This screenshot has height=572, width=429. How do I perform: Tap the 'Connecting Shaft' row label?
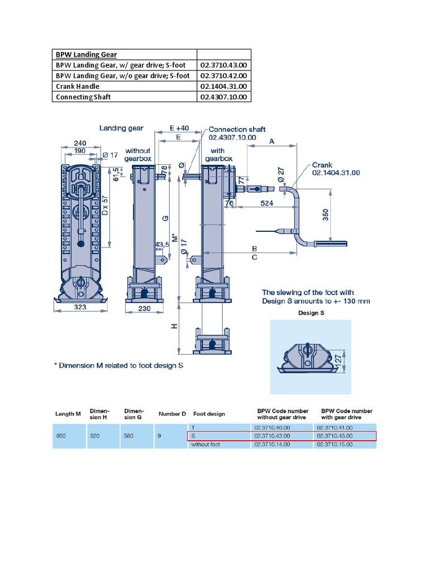tap(83, 97)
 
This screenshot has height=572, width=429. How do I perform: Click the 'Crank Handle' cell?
tap(78, 87)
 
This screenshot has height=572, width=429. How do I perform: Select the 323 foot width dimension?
tap(80, 306)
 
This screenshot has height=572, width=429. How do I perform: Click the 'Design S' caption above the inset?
tap(310, 313)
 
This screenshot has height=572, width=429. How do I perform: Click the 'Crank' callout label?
tap(322, 165)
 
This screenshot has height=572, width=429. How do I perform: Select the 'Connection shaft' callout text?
tap(237, 129)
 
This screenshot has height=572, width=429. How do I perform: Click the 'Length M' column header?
tap(68, 414)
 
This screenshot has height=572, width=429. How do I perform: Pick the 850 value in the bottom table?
tap(61, 436)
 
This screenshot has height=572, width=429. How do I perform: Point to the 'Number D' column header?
tap(172, 414)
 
